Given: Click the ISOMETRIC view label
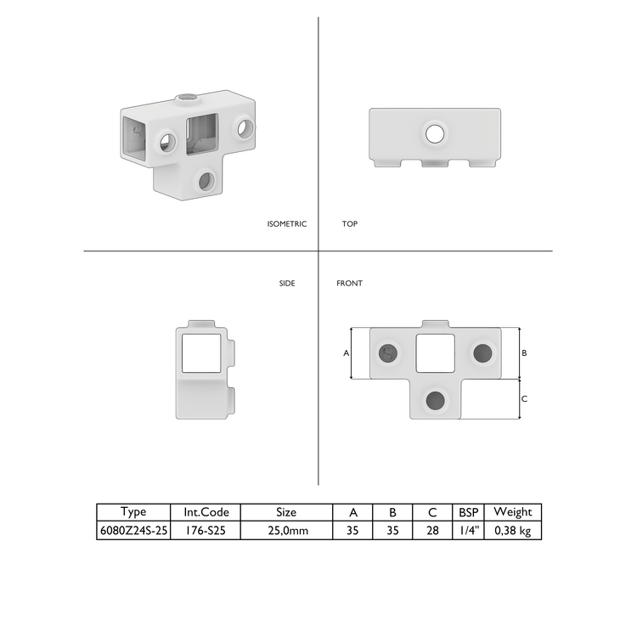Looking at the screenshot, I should (x=286, y=224).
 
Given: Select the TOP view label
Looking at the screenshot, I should (x=350, y=224).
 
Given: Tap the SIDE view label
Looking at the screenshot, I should (x=287, y=283).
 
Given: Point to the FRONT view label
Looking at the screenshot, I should (x=349, y=283).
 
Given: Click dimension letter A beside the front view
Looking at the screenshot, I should (x=347, y=352).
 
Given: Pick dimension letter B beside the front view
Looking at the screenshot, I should (x=525, y=352).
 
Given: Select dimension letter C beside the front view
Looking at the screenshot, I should (x=525, y=398).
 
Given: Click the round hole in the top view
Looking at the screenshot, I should (x=435, y=132).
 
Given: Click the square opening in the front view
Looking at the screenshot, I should (x=435, y=352).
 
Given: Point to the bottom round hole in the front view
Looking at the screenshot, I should (x=436, y=400).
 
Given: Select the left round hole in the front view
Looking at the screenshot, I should (x=389, y=352).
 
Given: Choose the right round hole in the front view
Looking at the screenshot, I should (x=482, y=352).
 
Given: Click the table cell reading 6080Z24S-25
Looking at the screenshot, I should (x=133, y=531).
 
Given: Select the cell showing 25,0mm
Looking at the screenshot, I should (x=287, y=531).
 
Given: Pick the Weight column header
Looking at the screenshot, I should (x=512, y=512).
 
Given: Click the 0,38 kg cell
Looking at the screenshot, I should (x=512, y=531).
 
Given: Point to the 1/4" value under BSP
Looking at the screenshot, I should (x=469, y=531).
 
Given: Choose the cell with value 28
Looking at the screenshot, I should (x=432, y=531).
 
